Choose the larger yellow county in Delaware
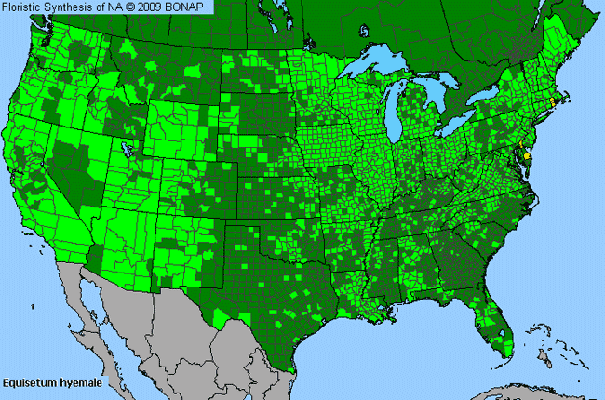(528, 158)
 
